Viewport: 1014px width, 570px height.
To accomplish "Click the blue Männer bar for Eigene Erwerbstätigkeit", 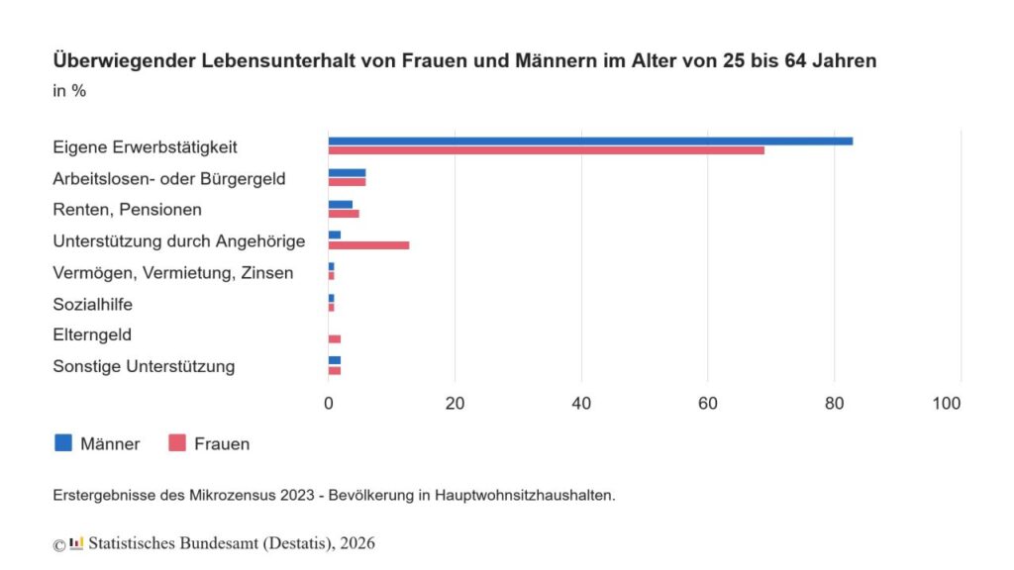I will (x=590, y=142).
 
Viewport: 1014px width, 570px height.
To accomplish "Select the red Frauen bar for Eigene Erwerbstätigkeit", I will (x=547, y=150).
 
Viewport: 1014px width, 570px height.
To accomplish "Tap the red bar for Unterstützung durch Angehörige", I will (x=368, y=244).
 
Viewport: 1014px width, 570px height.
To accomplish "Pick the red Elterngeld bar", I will (x=335, y=339).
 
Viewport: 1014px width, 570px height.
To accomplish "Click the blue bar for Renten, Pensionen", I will (x=341, y=204).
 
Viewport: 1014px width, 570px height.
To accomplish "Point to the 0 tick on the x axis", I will (x=329, y=404).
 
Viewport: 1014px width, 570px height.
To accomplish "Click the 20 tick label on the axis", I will (x=455, y=404).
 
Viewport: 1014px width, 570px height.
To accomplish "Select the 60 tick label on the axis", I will (x=707, y=404).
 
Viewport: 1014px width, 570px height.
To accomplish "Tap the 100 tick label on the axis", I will (x=948, y=404).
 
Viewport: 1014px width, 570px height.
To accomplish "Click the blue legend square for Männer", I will (x=63, y=443).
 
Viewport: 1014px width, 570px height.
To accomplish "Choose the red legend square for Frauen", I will (x=177, y=443).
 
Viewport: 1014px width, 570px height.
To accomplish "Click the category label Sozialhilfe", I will (x=92, y=305).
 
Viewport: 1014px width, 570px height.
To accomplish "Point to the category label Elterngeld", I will (x=92, y=335).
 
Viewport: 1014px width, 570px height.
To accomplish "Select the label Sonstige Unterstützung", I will (x=144, y=367).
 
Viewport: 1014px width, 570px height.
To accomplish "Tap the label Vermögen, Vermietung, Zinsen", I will (x=172, y=273).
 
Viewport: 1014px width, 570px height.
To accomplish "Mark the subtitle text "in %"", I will (x=68, y=91).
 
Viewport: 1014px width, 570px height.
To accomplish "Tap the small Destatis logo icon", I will (x=76, y=543).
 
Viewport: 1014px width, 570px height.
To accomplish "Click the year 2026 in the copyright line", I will (x=356, y=543).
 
